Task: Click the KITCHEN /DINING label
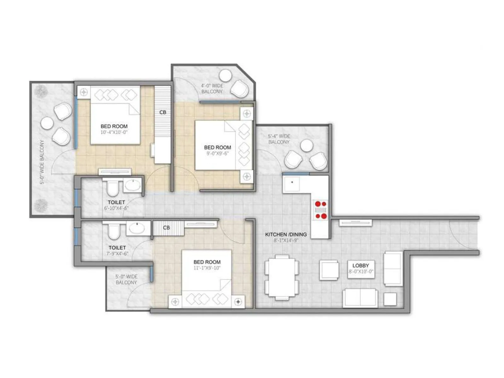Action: [286, 234]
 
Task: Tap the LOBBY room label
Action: [361, 266]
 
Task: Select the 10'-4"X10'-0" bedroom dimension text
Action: [114, 132]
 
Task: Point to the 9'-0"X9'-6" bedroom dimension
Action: [217, 153]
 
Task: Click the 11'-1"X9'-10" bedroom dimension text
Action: [207, 268]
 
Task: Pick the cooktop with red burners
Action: [320, 210]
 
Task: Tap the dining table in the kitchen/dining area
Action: [282, 277]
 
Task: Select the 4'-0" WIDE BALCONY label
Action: [212, 89]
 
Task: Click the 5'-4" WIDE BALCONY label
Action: [279, 139]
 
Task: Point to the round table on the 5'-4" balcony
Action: [306, 146]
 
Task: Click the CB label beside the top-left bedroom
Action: [163, 112]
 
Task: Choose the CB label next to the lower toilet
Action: [167, 227]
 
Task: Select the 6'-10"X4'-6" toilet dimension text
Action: [116, 208]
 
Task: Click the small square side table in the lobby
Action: [390, 299]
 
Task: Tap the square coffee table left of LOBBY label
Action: [329, 270]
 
